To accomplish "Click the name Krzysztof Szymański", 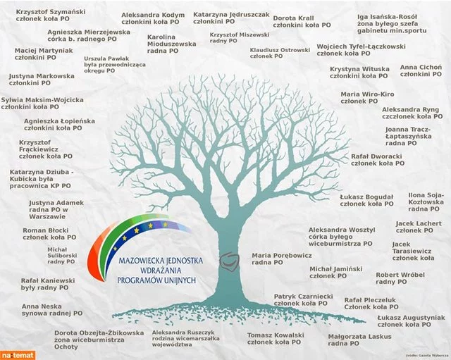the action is [51, 12].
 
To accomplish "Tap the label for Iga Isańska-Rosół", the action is [387, 17].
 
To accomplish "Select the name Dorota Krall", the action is [293, 18].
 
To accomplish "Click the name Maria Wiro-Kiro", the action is [367, 94].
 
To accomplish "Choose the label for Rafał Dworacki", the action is [376, 156].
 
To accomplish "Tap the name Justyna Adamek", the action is [56, 203].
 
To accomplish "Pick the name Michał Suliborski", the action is [62, 252].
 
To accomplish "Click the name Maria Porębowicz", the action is [282, 255].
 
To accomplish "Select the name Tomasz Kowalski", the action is [276, 335].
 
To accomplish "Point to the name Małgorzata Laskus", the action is [359, 337].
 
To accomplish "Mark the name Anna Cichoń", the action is [421, 67].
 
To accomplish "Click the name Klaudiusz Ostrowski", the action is [280, 50].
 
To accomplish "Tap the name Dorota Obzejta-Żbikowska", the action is [99, 333].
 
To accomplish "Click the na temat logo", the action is [18, 355].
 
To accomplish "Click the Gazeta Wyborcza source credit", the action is [427, 356].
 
